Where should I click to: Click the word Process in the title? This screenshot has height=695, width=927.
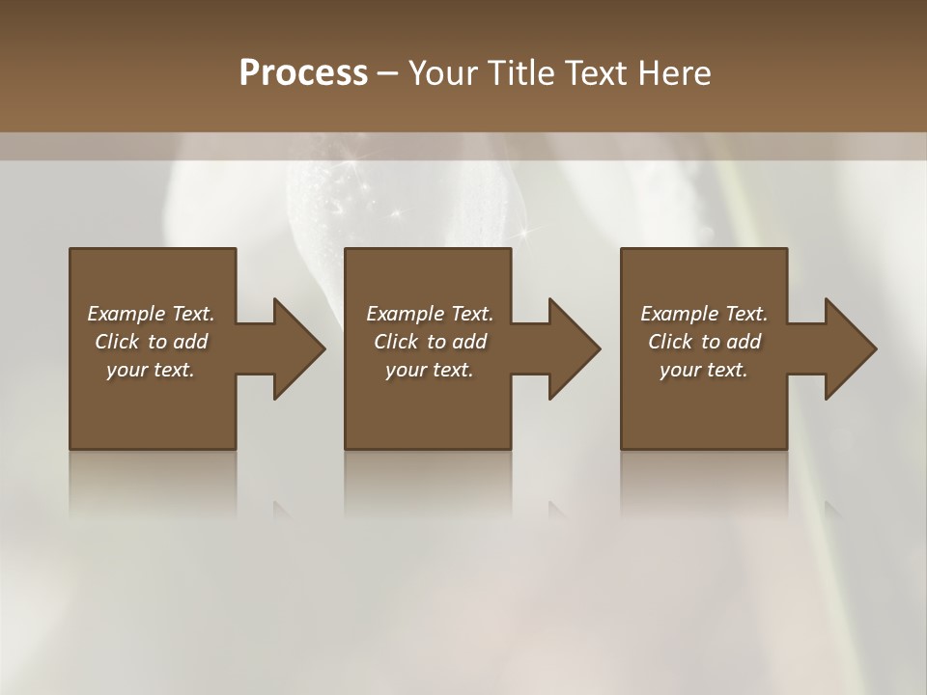[303, 72]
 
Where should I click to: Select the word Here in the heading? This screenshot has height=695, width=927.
[675, 72]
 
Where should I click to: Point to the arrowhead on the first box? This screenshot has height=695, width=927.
[295, 348]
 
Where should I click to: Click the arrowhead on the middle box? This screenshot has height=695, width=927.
[570, 348]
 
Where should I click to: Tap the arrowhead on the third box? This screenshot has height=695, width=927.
[846, 348]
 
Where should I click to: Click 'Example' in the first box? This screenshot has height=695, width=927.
[126, 314]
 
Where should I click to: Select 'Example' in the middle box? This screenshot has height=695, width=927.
[405, 314]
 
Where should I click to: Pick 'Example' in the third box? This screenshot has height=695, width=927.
[679, 314]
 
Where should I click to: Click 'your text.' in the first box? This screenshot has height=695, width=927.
[151, 370]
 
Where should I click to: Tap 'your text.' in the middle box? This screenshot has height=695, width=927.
[429, 370]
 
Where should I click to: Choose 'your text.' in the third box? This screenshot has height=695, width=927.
[704, 370]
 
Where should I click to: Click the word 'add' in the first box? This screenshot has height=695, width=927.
[191, 342]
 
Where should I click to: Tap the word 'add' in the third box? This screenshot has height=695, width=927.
[744, 342]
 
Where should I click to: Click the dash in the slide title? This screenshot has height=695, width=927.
[388, 73]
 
